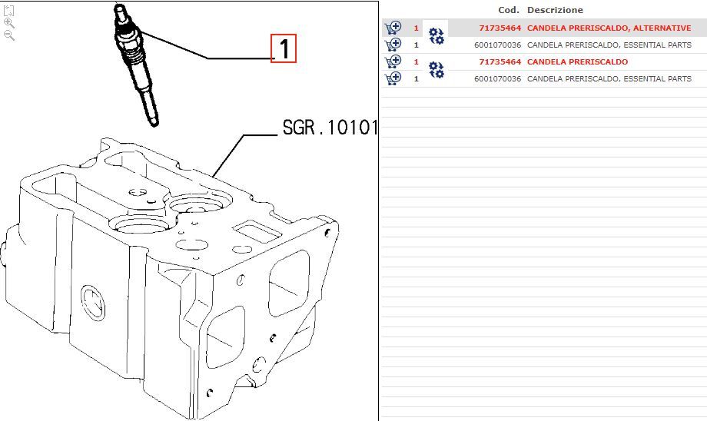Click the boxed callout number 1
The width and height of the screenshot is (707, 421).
point(283,48)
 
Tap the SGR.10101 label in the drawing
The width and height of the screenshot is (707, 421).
point(330,128)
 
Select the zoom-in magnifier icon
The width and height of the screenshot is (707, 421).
point(8,22)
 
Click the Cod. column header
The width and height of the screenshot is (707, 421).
point(509,10)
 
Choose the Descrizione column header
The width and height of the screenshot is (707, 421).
point(555,10)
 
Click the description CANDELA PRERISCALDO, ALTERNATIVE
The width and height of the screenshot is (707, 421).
point(609,28)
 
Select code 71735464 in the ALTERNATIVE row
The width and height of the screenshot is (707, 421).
point(500,28)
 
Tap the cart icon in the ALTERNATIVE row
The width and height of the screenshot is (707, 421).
point(393,28)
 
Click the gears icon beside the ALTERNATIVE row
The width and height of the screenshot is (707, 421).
point(436,36)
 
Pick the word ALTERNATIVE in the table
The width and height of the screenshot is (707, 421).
point(662,28)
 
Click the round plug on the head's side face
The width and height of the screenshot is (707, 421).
point(94,303)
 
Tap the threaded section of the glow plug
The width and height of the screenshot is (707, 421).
point(134,55)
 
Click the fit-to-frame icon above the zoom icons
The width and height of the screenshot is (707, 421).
point(8,10)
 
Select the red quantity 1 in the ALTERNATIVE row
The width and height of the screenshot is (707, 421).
point(417,28)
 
